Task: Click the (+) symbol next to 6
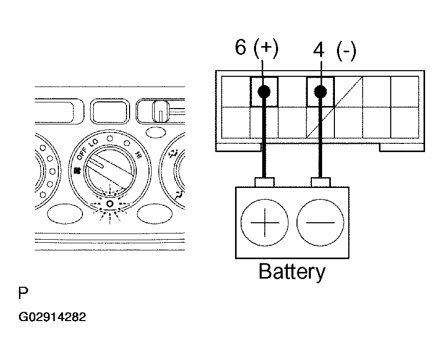pyautogui.click(x=266, y=49)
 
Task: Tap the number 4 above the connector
pyautogui.click(x=319, y=51)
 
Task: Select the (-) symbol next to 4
pyautogui.click(x=346, y=51)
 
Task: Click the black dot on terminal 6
pyautogui.click(x=264, y=91)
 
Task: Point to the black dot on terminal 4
pyautogui.click(x=321, y=91)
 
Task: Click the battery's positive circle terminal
pyautogui.click(x=264, y=222)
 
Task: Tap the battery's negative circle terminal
pyautogui.click(x=320, y=222)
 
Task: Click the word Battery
pyautogui.click(x=292, y=272)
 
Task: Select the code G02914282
pyautogui.click(x=52, y=317)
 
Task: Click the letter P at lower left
pyautogui.click(x=23, y=293)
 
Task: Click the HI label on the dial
pyautogui.click(x=138, y=155)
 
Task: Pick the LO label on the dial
pyautogui.click(x=93, y=143)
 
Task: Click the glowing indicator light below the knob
pyautogui.click(x=110, y=204)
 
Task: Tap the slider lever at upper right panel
pyautogui.click(x=161, y=111)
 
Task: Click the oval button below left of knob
pyautogui.click(x=65, y=214)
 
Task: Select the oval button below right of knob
pyautogui.click(x=155, y=214)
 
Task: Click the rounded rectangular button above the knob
pyautogui.click(x=110, y=111)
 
